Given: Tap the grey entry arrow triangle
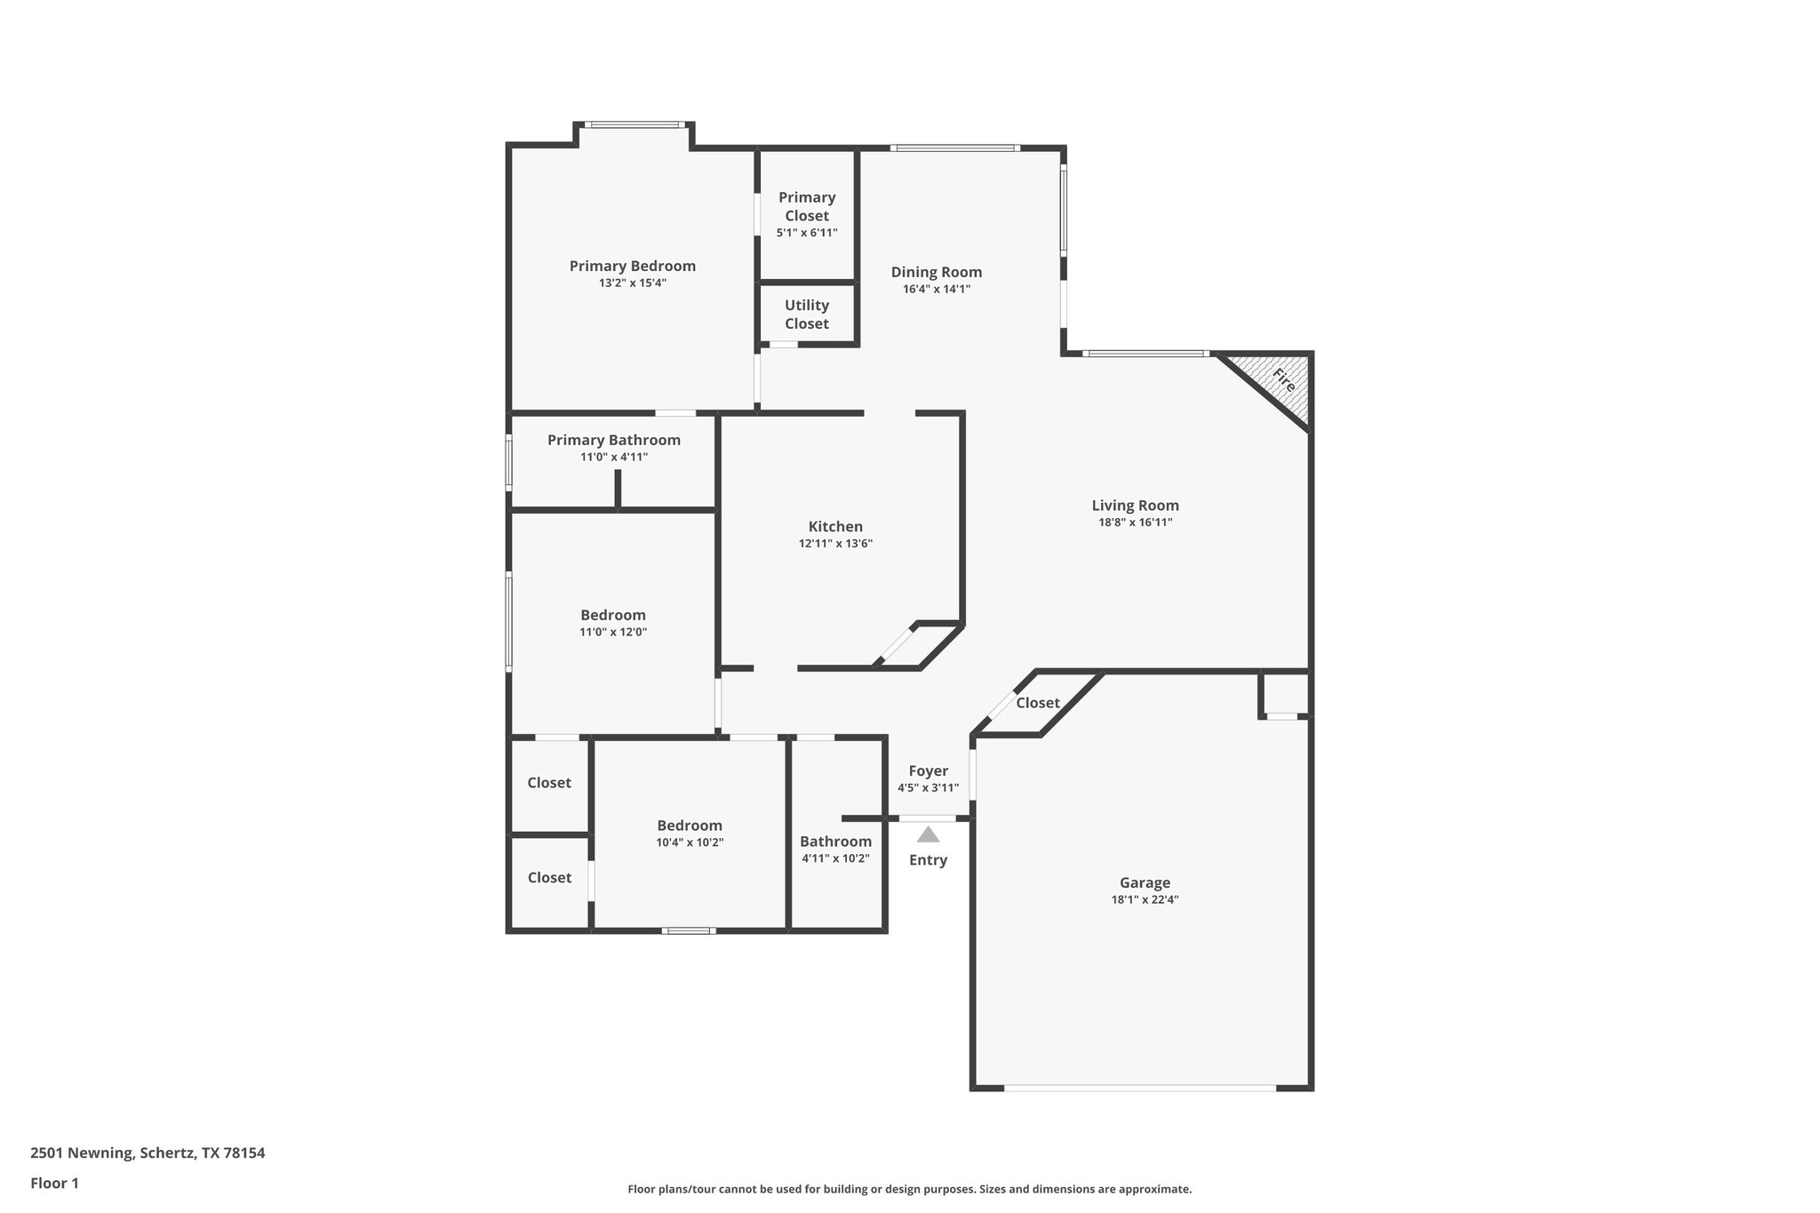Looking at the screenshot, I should click(928, 834).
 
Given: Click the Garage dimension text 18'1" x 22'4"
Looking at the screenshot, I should click(1144, 899).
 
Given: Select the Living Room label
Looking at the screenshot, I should click(1135, 506).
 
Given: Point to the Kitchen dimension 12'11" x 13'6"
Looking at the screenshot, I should click(835, 544).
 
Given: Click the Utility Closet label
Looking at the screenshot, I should click(807, 315).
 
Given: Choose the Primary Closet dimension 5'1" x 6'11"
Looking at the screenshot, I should click(807, 233).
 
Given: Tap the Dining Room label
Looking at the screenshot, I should click(936, 272).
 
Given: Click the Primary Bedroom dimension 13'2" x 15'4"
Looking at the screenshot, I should click(632, 283).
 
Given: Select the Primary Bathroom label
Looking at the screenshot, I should click(613, 440).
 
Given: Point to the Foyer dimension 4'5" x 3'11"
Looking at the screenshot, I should click(928, 788).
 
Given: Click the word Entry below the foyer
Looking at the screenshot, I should click(928, 860).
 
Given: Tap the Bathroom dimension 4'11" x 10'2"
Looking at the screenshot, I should click(835, 858).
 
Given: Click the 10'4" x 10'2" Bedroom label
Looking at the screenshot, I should click(690, 826).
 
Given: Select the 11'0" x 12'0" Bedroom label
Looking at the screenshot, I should click(613, 615).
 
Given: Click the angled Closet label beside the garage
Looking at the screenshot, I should click(1037, 703).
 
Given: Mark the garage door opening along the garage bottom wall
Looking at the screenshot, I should click(1140, 1088).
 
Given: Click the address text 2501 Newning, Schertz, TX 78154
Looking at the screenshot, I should click(148, 1153).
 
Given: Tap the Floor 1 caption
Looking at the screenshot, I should click(54, 1183).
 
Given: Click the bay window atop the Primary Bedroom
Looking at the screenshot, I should click(635, 125).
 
